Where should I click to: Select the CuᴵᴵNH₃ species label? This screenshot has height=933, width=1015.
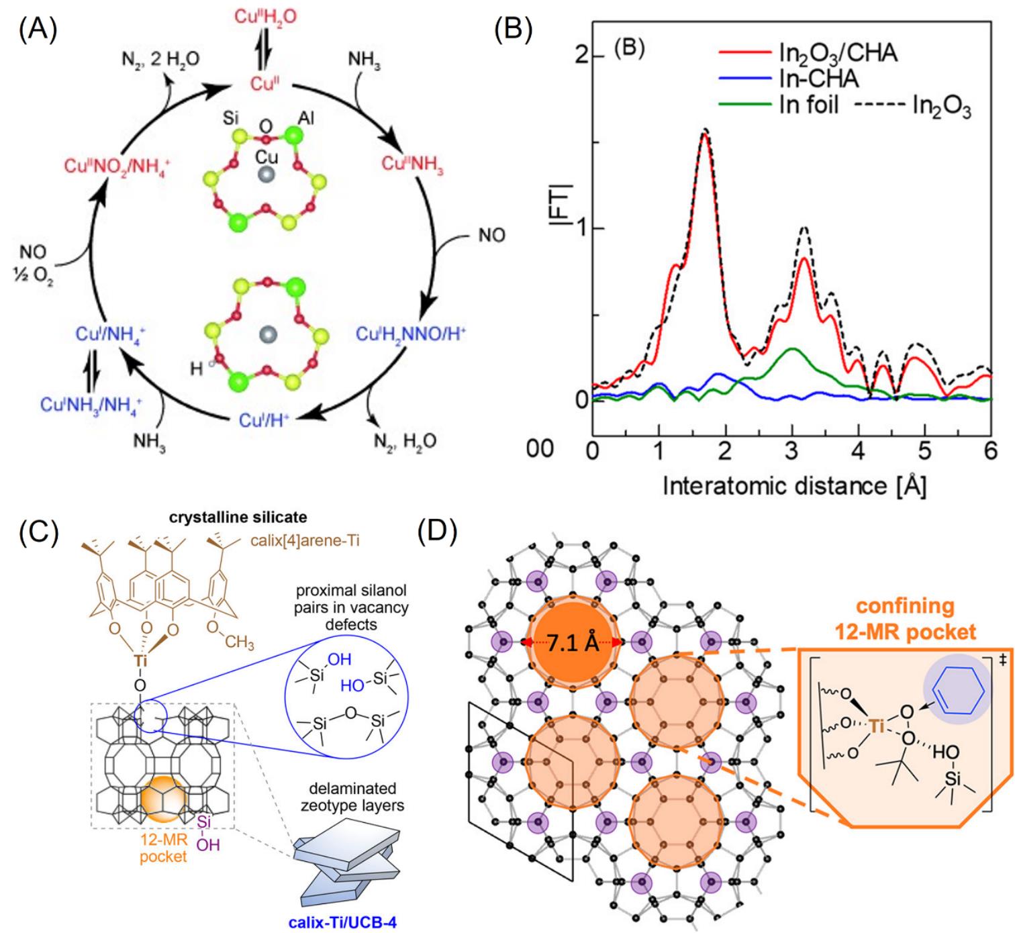coord(412,164)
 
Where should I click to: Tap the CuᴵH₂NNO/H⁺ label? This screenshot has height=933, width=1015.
coord(411,334)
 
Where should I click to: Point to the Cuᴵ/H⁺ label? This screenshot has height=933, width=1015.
coord(264,420)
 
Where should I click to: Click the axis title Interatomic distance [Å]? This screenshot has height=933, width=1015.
coord(794,485)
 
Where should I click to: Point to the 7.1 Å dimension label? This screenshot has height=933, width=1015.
coord(573,643)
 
